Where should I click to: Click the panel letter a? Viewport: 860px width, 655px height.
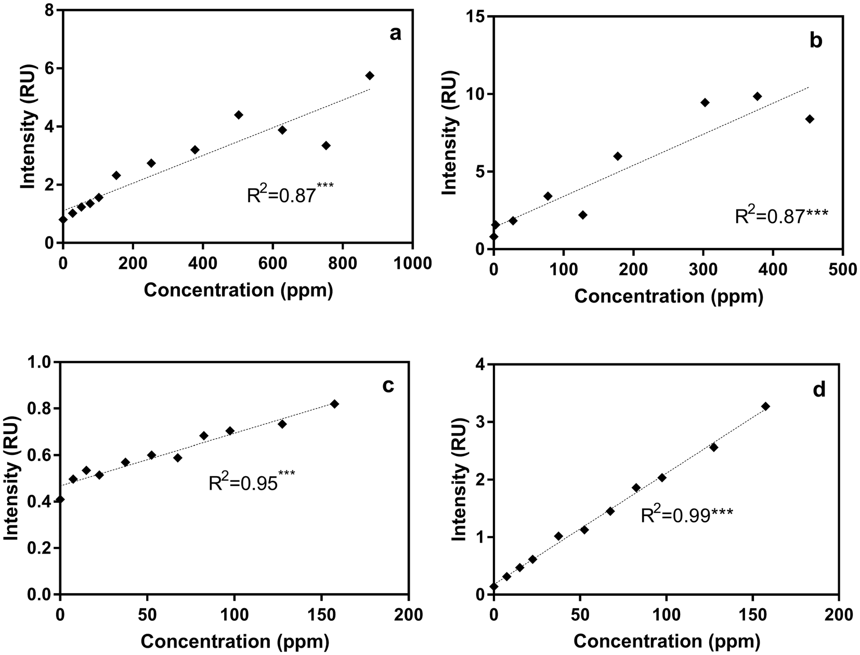point(396,34)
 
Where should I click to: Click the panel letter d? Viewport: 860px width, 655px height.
point(819,390)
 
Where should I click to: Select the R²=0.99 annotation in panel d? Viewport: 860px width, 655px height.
point(686,516)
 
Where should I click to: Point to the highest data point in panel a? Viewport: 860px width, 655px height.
point(370,75)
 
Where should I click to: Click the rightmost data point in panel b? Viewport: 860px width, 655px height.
point(810,119)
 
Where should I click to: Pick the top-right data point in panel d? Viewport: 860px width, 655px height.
point(765,406)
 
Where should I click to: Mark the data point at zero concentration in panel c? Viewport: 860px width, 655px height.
point(60,500)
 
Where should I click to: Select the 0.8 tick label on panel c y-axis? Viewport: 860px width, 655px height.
point(41,409)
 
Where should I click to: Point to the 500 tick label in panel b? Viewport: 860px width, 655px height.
point(842,269)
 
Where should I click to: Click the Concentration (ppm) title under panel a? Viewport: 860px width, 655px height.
point(238,290)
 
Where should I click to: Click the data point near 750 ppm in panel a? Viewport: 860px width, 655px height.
point(326,146)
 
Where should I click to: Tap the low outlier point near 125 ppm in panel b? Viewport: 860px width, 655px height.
point(582,215)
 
